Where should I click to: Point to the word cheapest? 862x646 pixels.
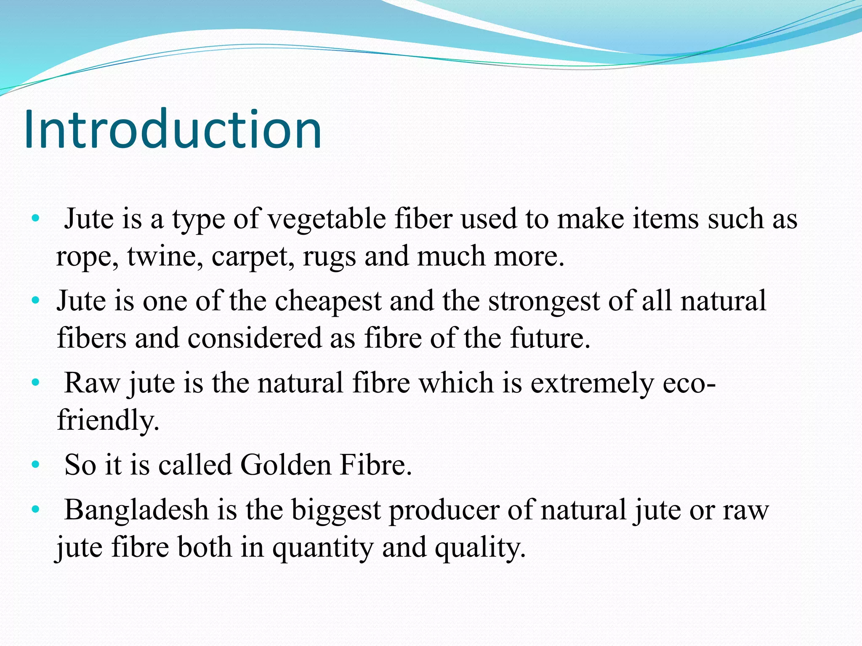click(x=328, y=302)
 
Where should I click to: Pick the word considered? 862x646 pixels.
click(x=254, y=338)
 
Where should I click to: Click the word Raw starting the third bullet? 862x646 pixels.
click(x=92, y=383)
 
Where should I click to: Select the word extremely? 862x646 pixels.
click(x=592, y=384)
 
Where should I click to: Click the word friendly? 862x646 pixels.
click(x=108, y=420)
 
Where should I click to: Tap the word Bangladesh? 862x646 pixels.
click(x=136, y=510)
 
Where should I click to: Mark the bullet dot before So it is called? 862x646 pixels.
click(x=36, y=465)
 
